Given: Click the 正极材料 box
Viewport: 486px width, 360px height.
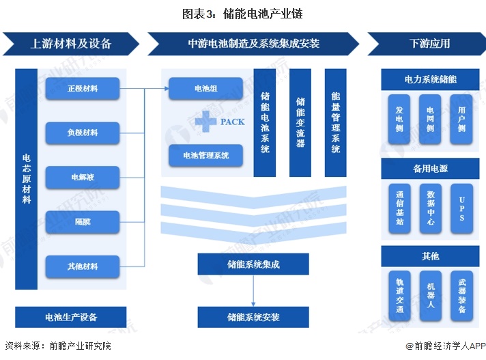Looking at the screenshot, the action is pyautogui.click(x=83, y=88).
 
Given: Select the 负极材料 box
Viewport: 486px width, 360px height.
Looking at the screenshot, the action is pyautogui.click(x=83, y=133).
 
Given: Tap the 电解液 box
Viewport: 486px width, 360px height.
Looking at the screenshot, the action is pyautogui.click(x=83, y=177).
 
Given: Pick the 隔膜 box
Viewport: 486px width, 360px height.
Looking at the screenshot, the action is pyautogui.click(x=83, y=222).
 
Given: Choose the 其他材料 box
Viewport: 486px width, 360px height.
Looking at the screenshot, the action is pyautogui.click(x=83, y=266).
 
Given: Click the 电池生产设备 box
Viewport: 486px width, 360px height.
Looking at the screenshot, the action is pyautogui.click(x=71, y=317).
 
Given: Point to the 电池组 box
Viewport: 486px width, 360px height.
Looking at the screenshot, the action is pyautogui.click(x=206, y=88).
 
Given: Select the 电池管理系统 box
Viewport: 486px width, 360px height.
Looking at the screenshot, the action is pyautogui.click(x=206, y=155).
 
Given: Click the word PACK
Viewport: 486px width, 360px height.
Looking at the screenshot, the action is pyautogui.click(x=233, y=122).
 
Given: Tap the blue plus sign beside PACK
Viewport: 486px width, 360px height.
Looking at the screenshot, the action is pyautogui.click(x=206, y=121).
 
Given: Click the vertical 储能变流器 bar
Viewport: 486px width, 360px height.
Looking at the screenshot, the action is pyautogui.click(x=300, y=123).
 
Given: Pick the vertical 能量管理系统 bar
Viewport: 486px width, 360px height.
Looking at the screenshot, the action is pyautogui.click(x=335, y=123).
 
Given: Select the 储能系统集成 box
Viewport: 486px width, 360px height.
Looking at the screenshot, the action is pyautogui.click(x=253, y=264).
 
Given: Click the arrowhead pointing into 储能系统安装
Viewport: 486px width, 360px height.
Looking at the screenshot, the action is pyautogui.click(x=253, y=304).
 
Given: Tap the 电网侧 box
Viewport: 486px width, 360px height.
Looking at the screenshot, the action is pyautogui.click(x=430, y=120).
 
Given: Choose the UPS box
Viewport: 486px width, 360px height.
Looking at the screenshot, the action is pyautogui.click(x=461, y=208).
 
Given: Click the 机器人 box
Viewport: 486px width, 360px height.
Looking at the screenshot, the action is pyautogui.click(x=430, y=296).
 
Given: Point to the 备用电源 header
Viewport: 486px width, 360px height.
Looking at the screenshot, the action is pyautogui.click(x=430, y=168).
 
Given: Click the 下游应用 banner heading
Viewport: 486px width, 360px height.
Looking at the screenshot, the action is pyautogui.click(x=429, y=44).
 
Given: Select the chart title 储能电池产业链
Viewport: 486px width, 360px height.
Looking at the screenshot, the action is pyautogui.click(x=263, y=14).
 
